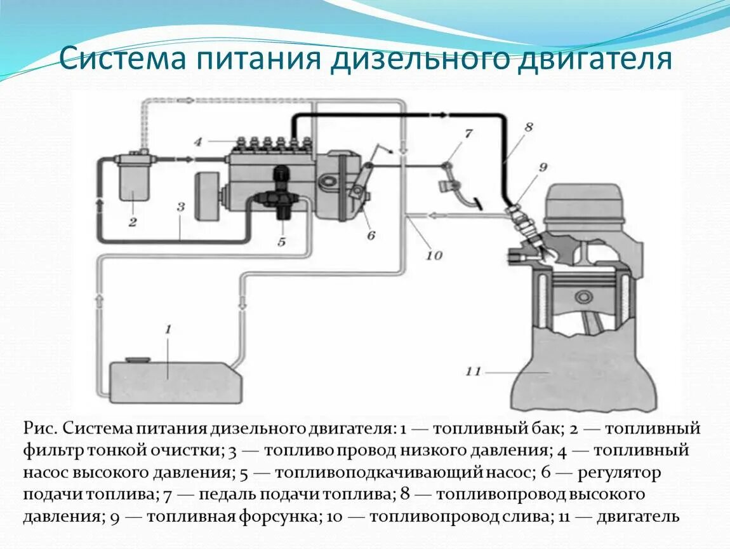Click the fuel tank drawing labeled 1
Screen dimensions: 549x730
tap(175, 381)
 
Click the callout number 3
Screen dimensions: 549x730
tap(180, 207)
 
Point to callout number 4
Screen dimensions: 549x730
tap(198, 142)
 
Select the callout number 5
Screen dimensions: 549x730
tap(281, 241)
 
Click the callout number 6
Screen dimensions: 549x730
tap(371, 235)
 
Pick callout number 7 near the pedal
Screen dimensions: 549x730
tap(468, 133)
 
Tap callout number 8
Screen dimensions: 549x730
tap(528, 126)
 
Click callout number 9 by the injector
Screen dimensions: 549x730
tap(543, 168)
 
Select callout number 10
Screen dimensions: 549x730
tap(434, 255)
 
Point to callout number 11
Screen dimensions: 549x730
tap(474, 371)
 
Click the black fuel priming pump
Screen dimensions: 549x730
tap(281, 194)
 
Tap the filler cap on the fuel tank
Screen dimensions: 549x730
tap(136, 360)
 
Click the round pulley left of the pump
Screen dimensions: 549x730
tap(205, 196)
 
